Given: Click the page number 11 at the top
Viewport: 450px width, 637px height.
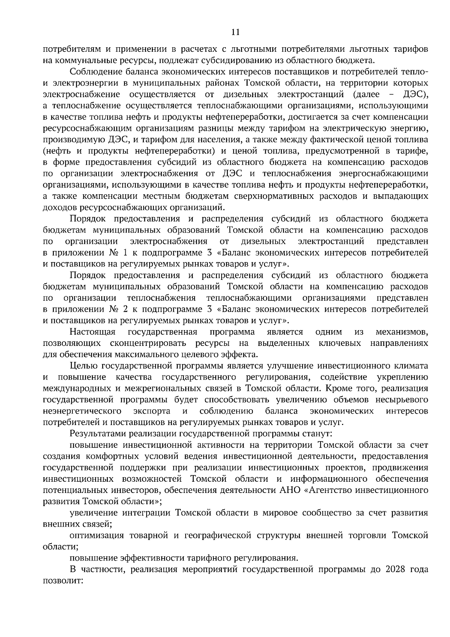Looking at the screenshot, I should [235, 32].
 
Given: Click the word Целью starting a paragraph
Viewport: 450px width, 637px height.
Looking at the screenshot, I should [83, 366].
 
